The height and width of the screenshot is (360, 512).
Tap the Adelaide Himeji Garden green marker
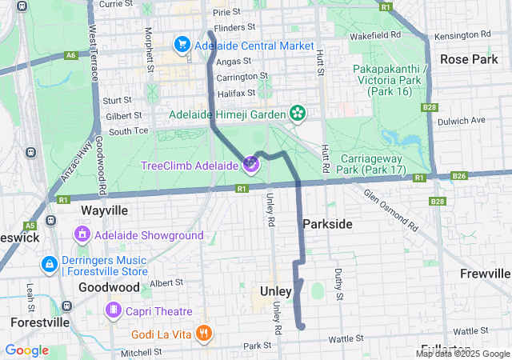[298, 114]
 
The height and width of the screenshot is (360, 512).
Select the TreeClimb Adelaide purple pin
[251, 165]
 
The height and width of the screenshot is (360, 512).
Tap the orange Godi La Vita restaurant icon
[204, 332]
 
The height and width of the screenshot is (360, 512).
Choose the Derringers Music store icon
[49, 263]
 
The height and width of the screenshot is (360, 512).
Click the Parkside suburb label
[326, 224]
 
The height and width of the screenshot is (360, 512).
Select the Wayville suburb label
[104, 210]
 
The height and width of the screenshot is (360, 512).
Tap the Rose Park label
[469, 59]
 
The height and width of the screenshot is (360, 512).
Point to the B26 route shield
[458, 176]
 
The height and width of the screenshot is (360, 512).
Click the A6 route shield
[71, 55]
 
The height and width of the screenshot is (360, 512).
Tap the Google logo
[26, 350]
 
